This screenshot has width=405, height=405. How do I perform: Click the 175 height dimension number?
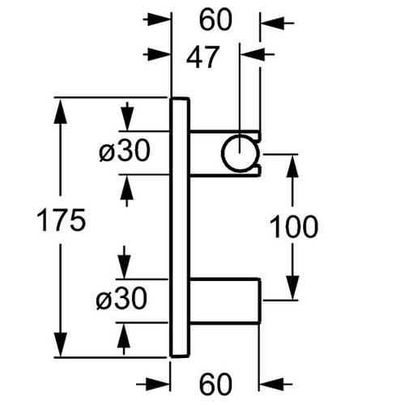[x=61, y=220]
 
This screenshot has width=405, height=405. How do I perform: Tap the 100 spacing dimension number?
[x=294, y=226]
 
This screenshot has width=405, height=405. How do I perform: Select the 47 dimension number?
[x=202, y=58]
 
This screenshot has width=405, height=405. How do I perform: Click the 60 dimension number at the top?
[x=215, y=19]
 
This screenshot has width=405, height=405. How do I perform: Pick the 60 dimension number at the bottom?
[x=215, y=384]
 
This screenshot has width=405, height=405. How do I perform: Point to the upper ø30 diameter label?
[x=125, y=151]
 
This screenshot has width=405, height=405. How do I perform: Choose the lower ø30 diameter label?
[x=122, y=298]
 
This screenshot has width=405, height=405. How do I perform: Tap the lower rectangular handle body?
[x=225, y=300]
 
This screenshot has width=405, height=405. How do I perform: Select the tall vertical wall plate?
[x=180, y=228]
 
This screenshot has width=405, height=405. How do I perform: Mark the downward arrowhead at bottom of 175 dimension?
[x=60, y=344]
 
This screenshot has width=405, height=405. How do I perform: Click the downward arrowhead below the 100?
[x=292, y=288]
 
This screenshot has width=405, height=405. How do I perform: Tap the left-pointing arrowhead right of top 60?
[x=273, y=23]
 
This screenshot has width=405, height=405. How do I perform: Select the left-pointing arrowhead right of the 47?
[x=253, y=54]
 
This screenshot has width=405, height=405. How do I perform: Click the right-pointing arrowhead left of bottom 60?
[x=158, y=383]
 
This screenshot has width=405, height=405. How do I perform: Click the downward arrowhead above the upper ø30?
[x=127, y=119]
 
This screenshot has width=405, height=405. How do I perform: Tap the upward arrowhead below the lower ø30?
[x=124, y=335]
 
